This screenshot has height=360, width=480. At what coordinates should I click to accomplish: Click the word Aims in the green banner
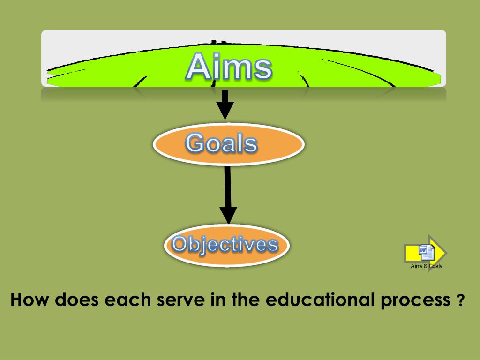228,67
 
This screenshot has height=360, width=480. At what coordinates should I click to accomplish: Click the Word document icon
426,253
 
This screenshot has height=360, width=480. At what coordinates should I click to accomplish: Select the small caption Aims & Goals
426,266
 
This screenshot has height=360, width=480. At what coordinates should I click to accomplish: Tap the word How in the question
30,300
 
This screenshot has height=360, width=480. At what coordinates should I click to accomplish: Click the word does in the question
76,300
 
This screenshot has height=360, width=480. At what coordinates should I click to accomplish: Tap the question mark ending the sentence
460,300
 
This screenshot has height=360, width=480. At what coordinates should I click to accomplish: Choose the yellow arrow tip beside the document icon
441,253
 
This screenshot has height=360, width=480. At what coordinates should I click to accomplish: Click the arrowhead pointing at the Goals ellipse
225,112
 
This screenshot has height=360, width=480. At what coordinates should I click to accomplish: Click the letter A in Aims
198,67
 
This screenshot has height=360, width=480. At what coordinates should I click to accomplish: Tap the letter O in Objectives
180,244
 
